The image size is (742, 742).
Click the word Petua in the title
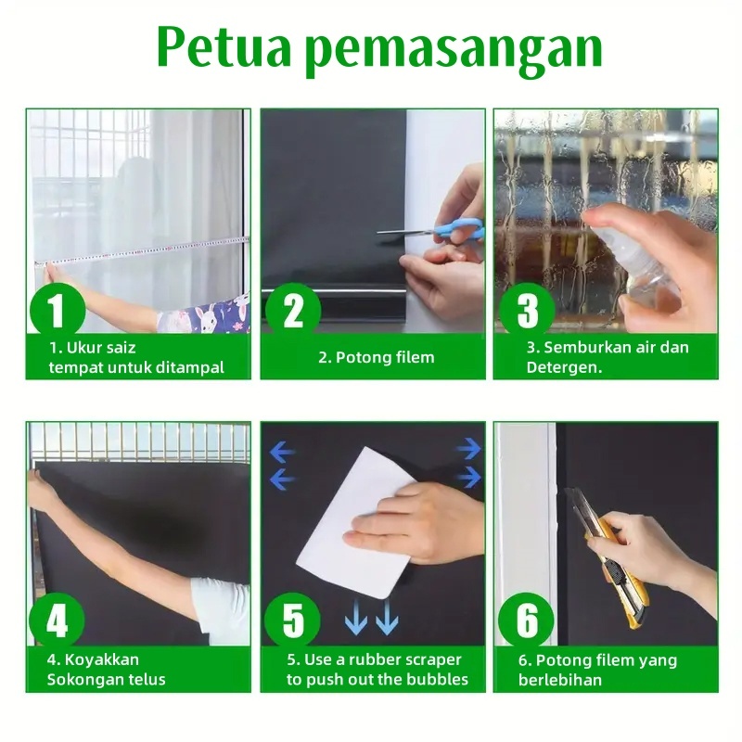point(223,47)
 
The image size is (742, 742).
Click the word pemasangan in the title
point(454,52)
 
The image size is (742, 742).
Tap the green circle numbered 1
point(58,311)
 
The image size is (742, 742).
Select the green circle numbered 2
point(292,311)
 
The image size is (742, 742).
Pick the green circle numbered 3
point(527,311)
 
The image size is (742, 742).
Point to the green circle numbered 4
point(57,620)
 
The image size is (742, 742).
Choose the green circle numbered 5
point(292,620)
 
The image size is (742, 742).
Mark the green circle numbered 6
point(526,620)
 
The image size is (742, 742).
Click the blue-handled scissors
point(431,230)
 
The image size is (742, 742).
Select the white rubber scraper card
point(355,522)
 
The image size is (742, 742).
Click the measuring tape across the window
point(142,249)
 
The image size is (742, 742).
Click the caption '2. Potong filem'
point(377,357)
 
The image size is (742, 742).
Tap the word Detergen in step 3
point(564,367)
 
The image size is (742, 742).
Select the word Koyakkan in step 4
point(102,659)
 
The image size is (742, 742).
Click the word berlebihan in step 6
point(560,680)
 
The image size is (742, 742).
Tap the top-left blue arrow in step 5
point(283,454)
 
